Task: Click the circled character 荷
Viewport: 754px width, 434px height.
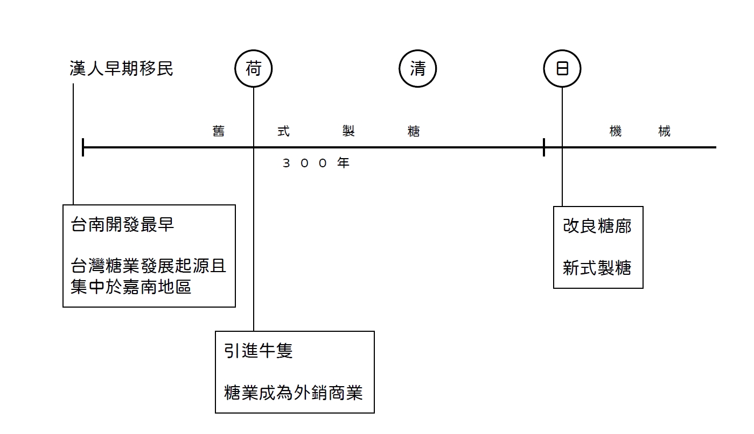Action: pos(254,69)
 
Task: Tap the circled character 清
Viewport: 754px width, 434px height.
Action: pos(417,69)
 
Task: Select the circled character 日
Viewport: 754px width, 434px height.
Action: pos(562,69)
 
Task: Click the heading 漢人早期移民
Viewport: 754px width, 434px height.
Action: pos(121,69)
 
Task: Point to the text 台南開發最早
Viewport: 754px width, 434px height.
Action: pos(122,225)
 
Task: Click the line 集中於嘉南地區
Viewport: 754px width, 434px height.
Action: pos(131,287)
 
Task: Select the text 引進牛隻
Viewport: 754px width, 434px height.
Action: pos(259,351)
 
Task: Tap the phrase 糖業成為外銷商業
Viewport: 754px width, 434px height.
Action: pos(294,393)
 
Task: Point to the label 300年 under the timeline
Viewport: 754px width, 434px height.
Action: pos(316,163)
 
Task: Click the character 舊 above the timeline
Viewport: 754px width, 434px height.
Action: pos(218,131)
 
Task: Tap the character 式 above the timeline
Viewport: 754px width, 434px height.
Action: pos(283,131)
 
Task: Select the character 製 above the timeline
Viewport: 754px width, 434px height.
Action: pos(348,131)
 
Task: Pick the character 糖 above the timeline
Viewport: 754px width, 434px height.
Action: pos(414,131)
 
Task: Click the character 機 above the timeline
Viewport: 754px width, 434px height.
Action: pos(616,131)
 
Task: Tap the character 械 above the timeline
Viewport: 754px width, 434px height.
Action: pos(665,131)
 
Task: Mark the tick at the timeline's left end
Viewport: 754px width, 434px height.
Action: pos(83,147)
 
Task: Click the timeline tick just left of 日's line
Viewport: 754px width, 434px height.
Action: pos(544,147)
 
